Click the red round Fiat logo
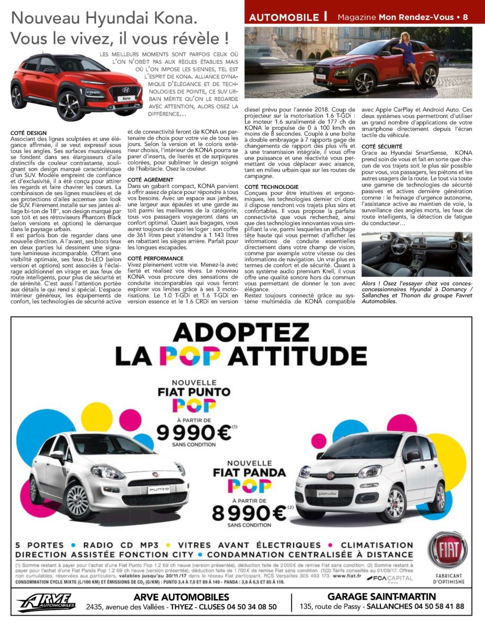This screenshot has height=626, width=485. pyautogui.click(x=448, y=551)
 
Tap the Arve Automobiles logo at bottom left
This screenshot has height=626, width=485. pyautogui.click(x=46, y=602)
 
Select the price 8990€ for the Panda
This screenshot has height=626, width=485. pyautogui.click(x=250, y=512)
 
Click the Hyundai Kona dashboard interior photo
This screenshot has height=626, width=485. pyautogui.click(x=417, y=254)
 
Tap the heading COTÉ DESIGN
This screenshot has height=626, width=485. pyautogui.click(x=28, y=133)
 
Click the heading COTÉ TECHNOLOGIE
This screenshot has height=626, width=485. pyautogui.click(x=271, y=187)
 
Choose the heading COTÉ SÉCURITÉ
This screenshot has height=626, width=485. pyautogui.click(x=382, y=147)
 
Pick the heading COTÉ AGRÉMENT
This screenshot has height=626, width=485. pyautogui.click(x=151, y=180)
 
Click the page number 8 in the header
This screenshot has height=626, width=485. pyautogui.click(x=466, y=18)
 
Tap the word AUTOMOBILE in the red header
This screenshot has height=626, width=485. pyautogui.click(x=284, y=18)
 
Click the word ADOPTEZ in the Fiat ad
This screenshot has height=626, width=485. pyautogui.click(x=241, y=332)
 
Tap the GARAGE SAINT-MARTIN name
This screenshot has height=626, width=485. pyautogui.click(x=382, y=597)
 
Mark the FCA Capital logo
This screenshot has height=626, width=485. pyautogui.click(x=392, y=578)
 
